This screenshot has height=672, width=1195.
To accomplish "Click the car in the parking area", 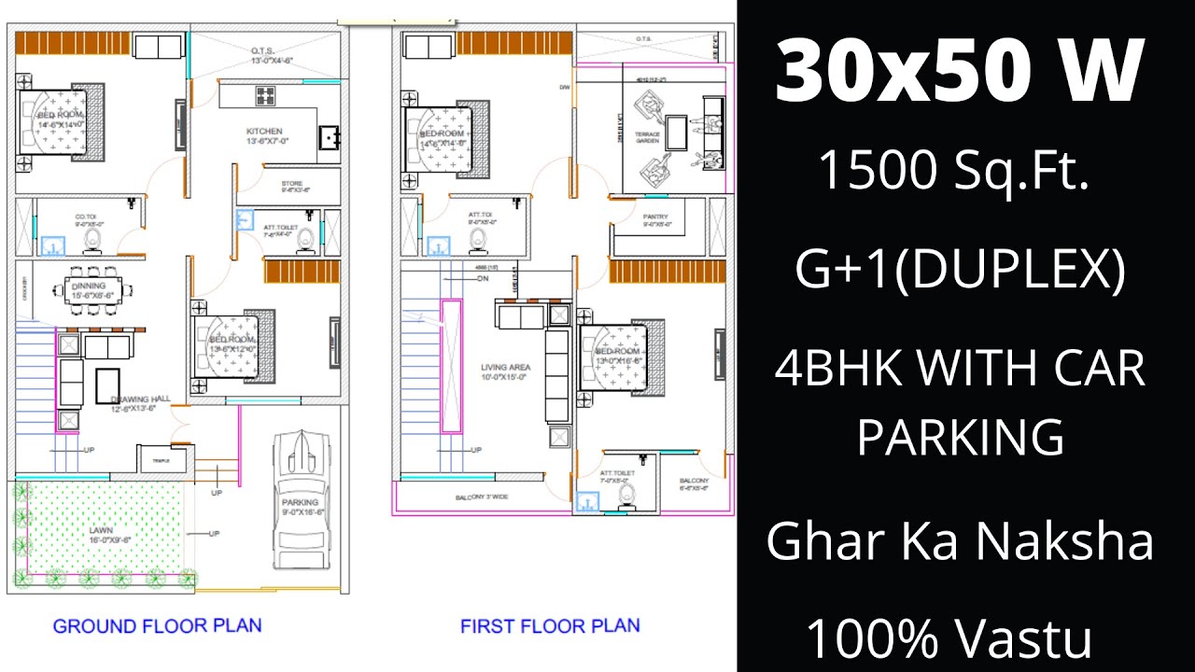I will tap(302, 499).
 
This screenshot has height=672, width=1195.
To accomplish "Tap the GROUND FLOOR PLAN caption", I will tap(157, 625).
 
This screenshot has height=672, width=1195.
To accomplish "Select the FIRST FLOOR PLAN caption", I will tap(550, 625).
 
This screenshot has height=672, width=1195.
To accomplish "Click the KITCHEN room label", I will tap(264, 132).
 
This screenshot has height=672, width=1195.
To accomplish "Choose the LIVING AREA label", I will tap(506, 367).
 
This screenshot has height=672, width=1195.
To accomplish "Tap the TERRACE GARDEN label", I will tap(648, 137).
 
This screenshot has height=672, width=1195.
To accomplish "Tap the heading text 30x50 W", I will tap(959, 74).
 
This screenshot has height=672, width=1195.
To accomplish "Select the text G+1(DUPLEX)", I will tap(960, 270).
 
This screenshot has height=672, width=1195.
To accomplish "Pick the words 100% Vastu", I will tap(949, 640).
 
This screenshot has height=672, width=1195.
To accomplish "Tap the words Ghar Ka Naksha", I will tap(959, 541).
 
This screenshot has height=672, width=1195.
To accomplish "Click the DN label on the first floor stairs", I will tap(483, 278).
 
